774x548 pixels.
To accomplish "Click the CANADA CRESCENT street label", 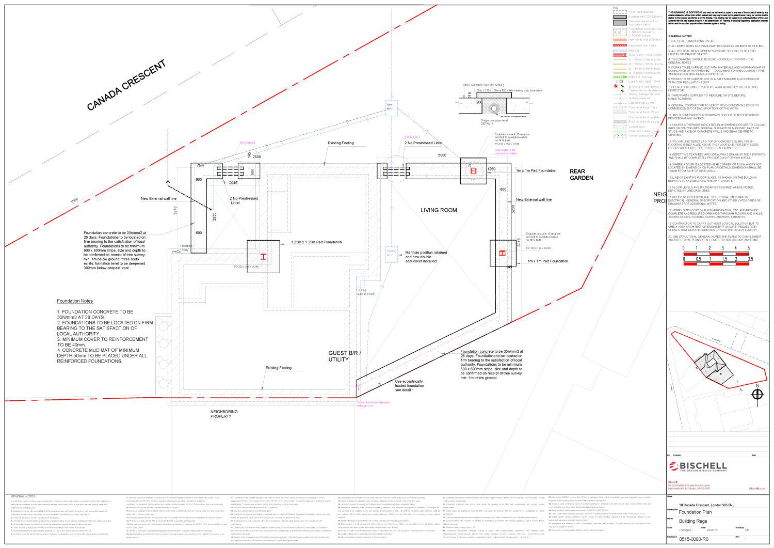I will [126, 85].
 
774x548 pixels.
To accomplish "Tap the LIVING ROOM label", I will [439, 210].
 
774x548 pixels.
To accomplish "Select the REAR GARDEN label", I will [581, 175].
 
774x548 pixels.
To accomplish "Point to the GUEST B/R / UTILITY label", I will [344, 356].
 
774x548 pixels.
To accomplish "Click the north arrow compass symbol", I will [757, 394].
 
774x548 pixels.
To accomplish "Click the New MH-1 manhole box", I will [390, 107].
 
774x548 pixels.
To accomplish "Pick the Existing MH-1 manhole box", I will [391, 253].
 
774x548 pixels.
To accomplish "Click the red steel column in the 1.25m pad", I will [263, 257].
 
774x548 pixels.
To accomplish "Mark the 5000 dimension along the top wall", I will [442, 155].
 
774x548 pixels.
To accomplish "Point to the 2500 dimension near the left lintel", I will [256, 156].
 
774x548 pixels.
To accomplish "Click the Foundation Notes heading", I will [75, 301].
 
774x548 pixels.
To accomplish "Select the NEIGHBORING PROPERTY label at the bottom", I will [224, 414].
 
